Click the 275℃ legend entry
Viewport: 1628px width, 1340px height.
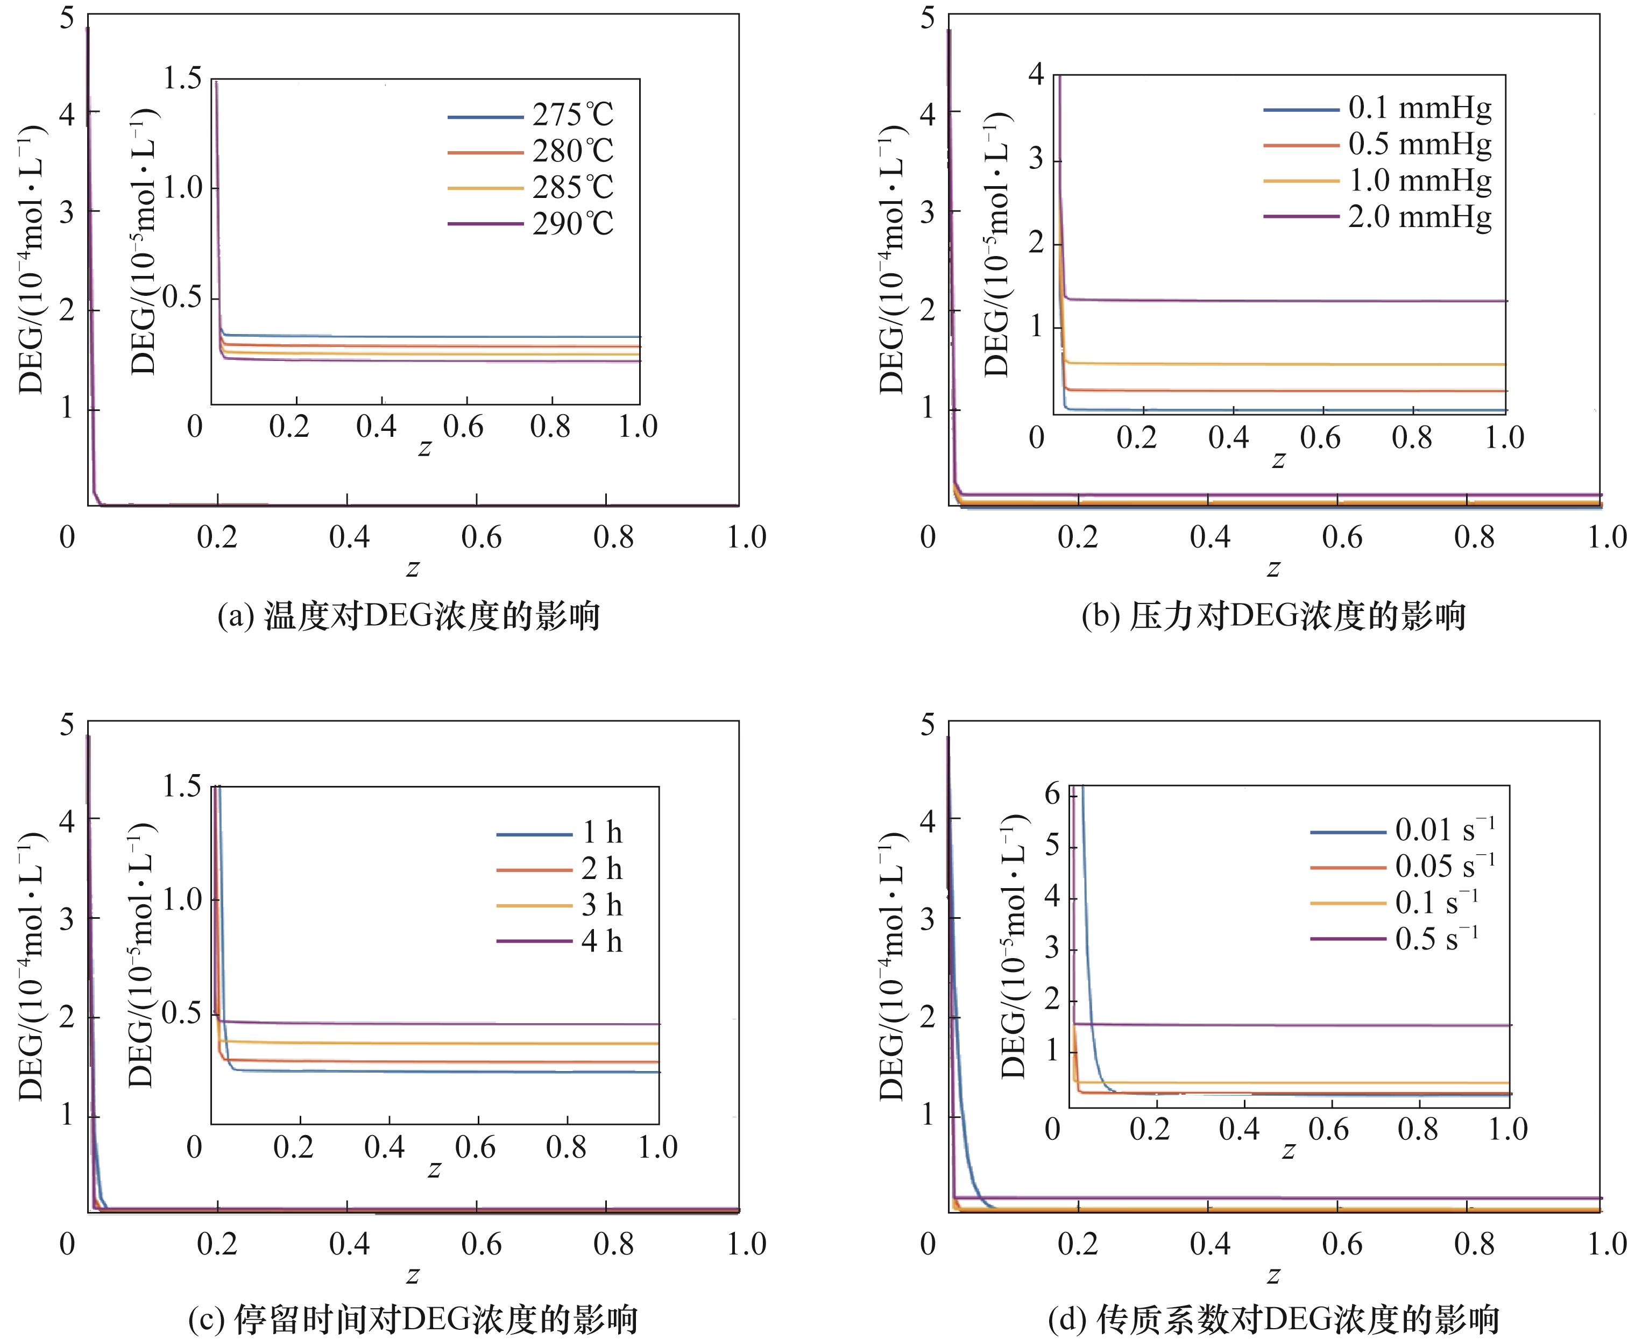click(x=572, y=115)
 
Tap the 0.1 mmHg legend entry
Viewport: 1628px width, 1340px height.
click(x=1419, y=108)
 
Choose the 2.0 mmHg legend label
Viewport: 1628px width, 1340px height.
click(x=1419, y=217)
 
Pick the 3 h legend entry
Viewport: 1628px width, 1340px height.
click(x=601, y=905)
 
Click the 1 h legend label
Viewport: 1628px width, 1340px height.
click(x=601, y=832)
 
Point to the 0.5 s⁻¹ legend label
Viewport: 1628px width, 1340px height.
click(x=1436, y=939)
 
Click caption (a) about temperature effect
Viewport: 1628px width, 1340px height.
click(x=408, y=616)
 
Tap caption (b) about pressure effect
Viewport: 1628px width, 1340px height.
click(x=1273, y=616)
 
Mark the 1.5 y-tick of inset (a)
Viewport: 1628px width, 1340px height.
click(x=182, y=78)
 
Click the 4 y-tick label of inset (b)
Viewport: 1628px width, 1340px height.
click(x=1036, y=75)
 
